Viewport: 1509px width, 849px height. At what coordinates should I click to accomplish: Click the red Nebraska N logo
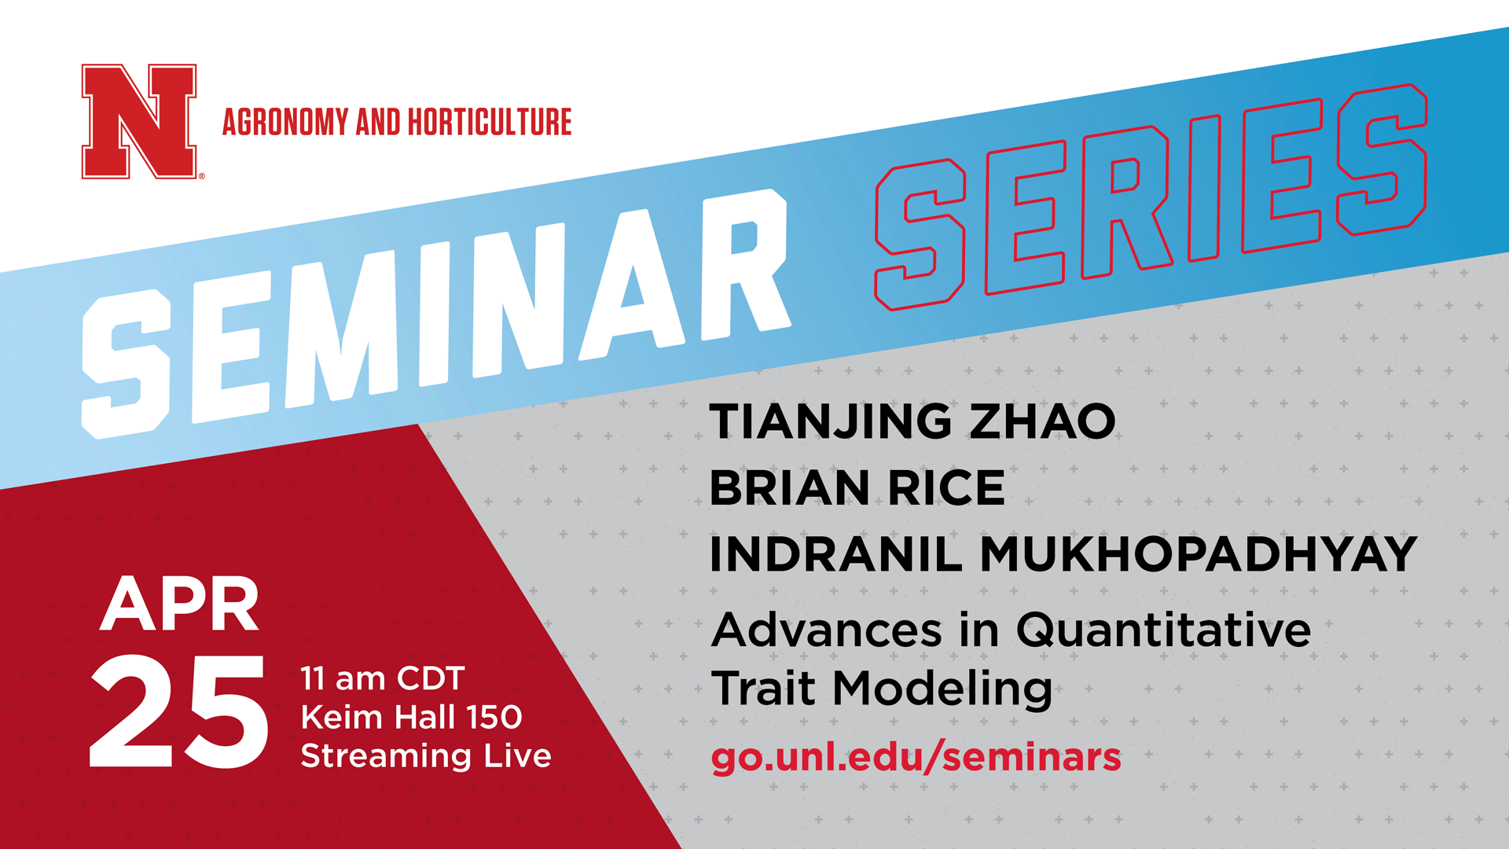139,122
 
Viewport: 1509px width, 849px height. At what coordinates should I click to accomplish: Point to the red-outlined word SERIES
1151,197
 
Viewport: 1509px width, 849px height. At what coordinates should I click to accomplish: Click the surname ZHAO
1042,421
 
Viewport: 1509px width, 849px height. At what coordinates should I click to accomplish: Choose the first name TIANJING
832,422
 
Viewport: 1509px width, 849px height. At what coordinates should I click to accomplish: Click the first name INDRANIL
836,554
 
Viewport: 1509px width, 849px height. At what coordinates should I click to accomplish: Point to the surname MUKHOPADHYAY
1199,554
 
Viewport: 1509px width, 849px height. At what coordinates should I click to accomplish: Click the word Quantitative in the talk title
1164,630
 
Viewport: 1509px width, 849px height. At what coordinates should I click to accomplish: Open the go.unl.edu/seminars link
916,757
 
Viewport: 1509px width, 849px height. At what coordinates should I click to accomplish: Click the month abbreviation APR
180,604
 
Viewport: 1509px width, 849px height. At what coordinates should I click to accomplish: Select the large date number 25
179,711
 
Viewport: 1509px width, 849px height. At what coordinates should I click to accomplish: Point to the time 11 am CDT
383,678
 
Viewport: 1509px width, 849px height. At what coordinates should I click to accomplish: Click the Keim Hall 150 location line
412,717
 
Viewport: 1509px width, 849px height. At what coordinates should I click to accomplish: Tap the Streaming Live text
426,756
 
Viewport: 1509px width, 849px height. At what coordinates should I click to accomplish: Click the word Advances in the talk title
827,630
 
